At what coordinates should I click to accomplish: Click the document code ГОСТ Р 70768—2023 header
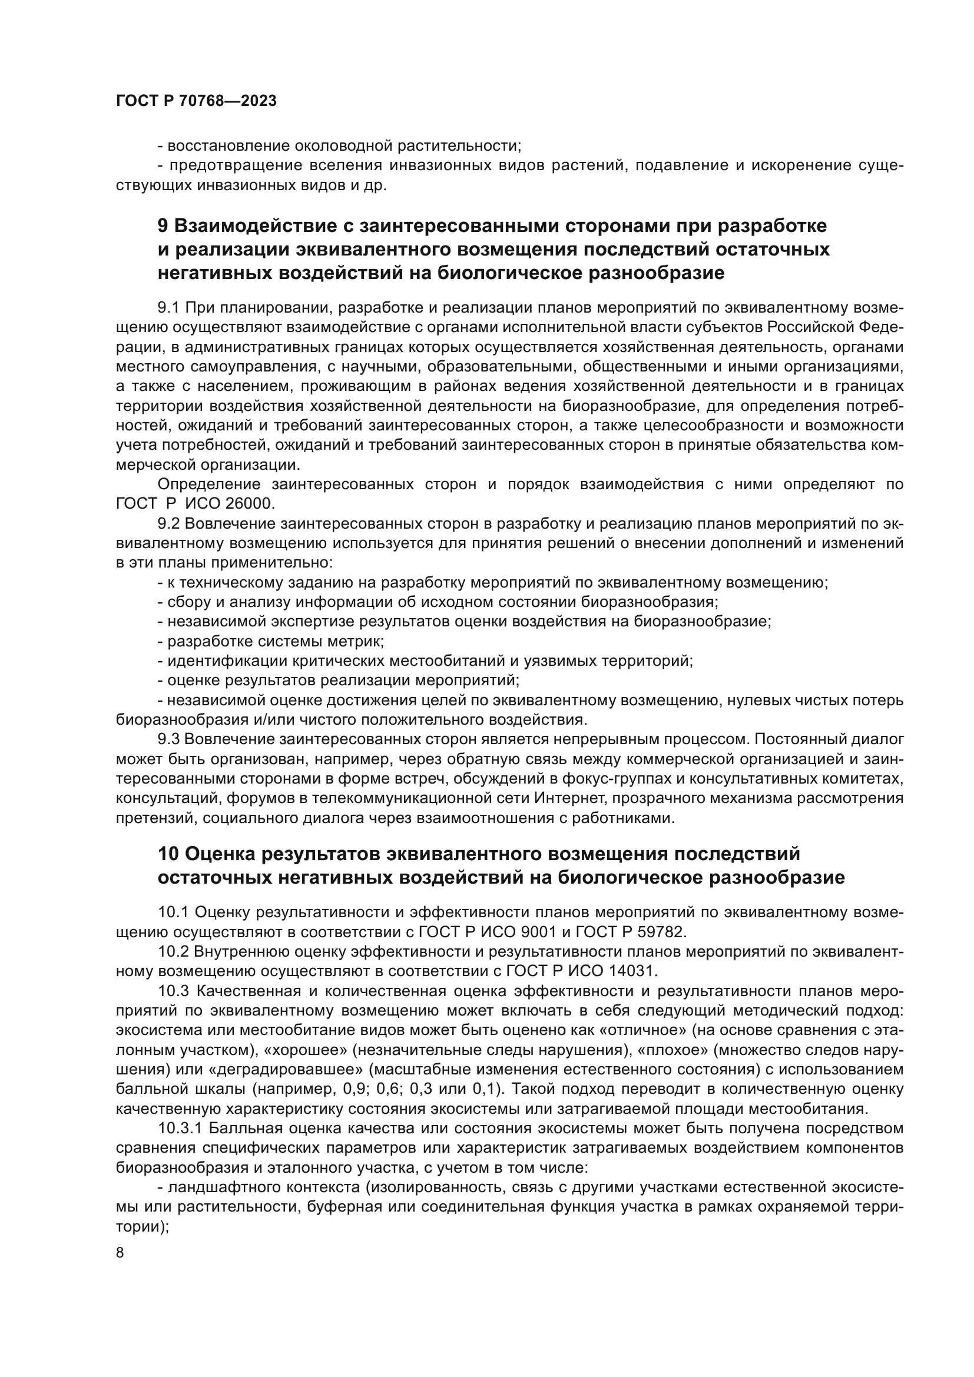(196, 101)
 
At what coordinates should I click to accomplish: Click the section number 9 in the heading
(163, 226)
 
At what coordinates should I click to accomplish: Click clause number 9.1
(168, 308)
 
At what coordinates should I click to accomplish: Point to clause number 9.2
(168, 523)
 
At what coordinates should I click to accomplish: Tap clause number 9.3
(168, 739)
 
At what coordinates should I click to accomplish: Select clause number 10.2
(174, 952)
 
